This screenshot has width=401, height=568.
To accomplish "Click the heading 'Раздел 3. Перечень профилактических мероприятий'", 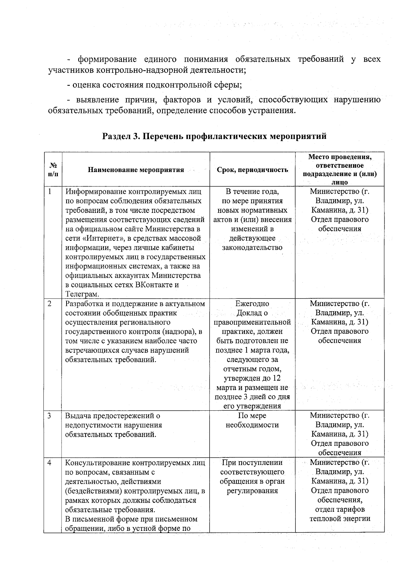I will (x=214, y=137).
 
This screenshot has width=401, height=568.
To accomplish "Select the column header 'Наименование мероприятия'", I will (x=136, y=170).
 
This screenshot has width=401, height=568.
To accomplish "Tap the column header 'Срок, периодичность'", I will (x=252, y=170).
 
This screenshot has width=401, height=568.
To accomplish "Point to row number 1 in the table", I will (x=50, y=192).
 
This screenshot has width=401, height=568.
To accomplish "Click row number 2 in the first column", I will (x=50, y=304).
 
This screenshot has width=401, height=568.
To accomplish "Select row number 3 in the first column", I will (x=50, y=416).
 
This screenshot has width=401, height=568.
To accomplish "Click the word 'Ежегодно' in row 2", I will (x=252, y=304).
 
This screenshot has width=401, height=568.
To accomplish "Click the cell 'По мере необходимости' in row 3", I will (x=252, y=420).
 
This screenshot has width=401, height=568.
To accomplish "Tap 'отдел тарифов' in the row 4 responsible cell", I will (x=340, y=509).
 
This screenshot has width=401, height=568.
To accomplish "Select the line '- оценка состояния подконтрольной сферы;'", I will (x=154, y=85).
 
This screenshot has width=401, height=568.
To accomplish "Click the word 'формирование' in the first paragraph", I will (x=107, y=60).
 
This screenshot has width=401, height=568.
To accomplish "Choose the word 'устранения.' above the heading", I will (x=272, y=110).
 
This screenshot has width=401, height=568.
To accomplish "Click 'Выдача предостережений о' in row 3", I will (x=113, y=416).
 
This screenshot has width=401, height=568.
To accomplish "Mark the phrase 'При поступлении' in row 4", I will (x=252, y=463).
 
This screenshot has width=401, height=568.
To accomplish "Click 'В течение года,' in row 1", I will (x=252, y=192).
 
